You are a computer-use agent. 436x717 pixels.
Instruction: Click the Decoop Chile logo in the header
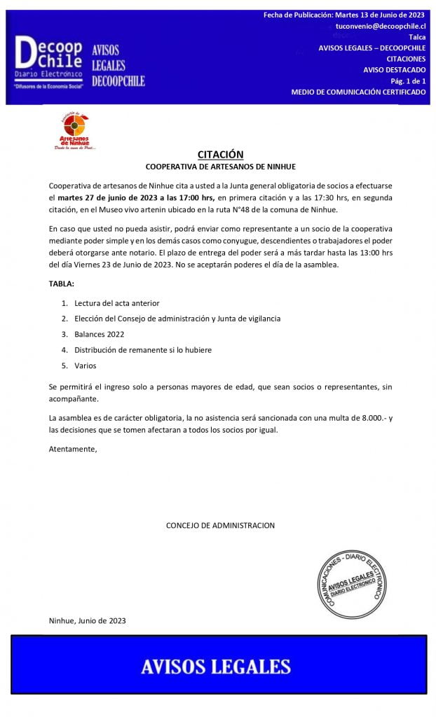[x=49, y=62]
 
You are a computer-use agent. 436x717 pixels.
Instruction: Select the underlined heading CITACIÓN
[x=220, y=155]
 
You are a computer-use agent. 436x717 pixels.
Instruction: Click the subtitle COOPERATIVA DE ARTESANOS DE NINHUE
[x=220, y=167]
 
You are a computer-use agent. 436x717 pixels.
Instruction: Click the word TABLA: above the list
[x=61, y=284]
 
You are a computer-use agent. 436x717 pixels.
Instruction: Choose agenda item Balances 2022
[x=100, y=334]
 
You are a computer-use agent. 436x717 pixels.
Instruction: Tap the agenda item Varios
[x=86, y=366]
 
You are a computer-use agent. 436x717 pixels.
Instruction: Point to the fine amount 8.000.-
[x=370, y=418]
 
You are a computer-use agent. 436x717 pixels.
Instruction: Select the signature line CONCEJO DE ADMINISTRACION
[x=220, y=525]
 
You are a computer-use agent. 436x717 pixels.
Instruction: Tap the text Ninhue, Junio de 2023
[x=88, y=620]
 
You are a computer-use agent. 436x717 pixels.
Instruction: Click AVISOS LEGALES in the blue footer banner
[x=216, y=666]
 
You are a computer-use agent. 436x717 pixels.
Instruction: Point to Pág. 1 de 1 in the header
[x=408, y=81]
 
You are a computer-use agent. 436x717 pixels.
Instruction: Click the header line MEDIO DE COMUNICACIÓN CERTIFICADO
[x=358, y=92]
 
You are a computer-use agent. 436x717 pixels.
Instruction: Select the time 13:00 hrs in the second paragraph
[x=371, y=253]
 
